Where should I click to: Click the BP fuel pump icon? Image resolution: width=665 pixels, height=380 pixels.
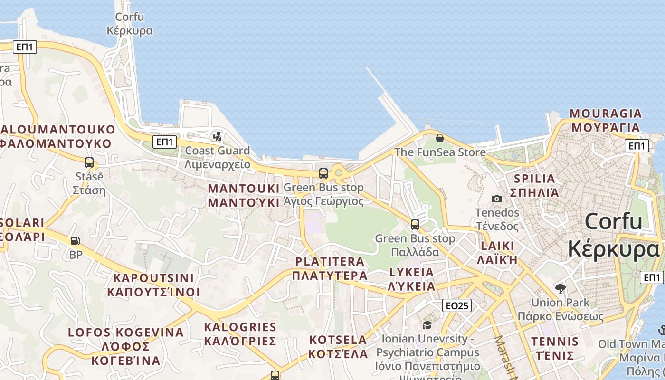[x=75, y=241]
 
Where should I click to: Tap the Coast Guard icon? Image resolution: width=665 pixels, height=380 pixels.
[x=218, y=137]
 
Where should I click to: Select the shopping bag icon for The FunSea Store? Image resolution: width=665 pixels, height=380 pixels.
[x=440, y=138]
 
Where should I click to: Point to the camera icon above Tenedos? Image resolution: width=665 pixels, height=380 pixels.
[x=497, y=199]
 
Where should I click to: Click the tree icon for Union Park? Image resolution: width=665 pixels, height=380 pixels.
[x=560, y=288]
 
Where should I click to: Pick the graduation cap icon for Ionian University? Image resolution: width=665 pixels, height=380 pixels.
[x=427, y=325]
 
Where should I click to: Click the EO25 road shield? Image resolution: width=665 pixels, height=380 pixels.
[x=456, y=305]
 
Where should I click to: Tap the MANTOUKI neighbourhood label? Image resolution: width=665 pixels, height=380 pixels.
[x=244, y=195]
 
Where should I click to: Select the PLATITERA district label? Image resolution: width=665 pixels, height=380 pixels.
[x=330, y=268]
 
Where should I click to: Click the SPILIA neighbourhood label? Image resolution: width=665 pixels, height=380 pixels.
[x=534, y=185]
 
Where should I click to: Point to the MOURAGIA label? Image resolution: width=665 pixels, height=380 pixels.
[x=606, y=120]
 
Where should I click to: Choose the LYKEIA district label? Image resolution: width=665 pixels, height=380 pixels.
[x=412, y=279]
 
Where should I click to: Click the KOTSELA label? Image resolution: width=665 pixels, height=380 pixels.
[x=338, y=347]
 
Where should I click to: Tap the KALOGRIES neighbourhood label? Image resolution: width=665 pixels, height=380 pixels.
[x=240, y=334]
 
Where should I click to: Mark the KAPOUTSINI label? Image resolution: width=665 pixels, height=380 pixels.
[x=153, y=285]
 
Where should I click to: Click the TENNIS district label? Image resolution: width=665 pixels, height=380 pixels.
[x=555, y=348]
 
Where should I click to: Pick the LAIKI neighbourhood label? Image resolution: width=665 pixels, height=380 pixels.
[x=497, y=252]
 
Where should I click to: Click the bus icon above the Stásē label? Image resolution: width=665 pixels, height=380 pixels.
[x=89, y=162]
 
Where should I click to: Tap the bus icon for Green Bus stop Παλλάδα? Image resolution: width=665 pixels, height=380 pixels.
[x=415, y=224]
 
